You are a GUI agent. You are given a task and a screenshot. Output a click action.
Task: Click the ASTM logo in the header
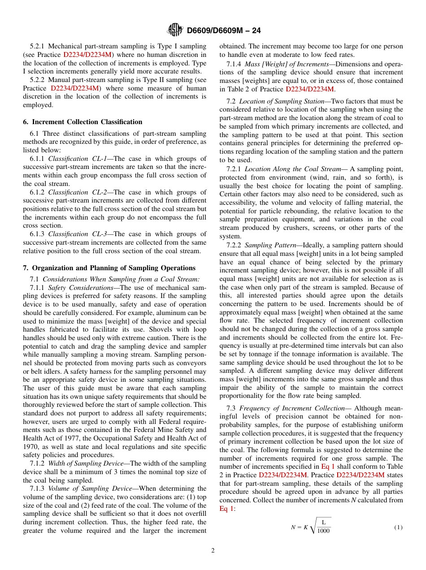point(174,30)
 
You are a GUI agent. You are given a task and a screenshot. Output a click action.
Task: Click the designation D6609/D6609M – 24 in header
point(223,30)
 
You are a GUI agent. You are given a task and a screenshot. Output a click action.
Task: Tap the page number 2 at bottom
point(213,550)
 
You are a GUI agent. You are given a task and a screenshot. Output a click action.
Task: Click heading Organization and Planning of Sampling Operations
point(109,268)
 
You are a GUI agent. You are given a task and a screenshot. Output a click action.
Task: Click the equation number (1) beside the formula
point(398,527)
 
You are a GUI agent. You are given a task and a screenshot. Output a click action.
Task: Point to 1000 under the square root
point(323,531)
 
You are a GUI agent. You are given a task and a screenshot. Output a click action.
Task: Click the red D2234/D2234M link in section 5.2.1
point(87,55)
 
